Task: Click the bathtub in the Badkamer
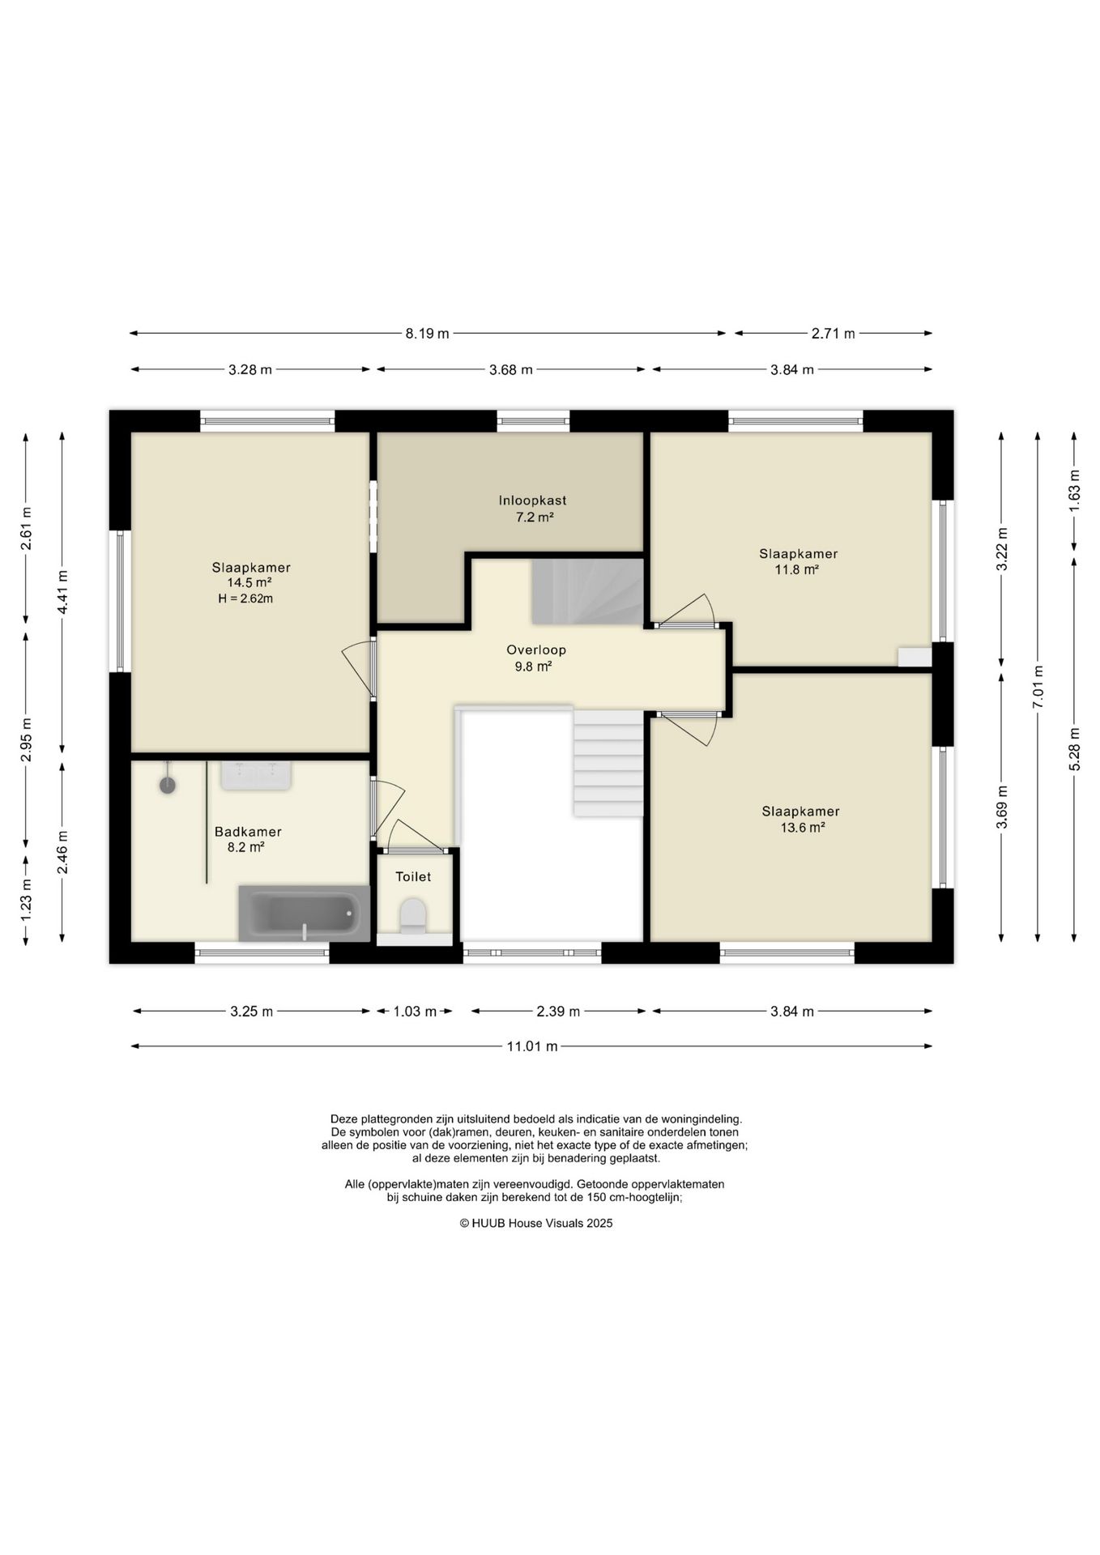[x=304, y=914]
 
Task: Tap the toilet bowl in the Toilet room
[x=413, y=916]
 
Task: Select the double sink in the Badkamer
[x=256, y=774]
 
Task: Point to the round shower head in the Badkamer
[x=168, y=784]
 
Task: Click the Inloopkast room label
[x=532, y=501]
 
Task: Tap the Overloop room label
[x=536, y=650]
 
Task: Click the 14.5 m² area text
[x=249, y=582]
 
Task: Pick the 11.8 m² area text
[x=797, y=569]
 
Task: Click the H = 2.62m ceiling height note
[x=245, y=599]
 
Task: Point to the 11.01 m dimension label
[x=532, y=1046]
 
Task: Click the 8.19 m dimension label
[x=427, y=334]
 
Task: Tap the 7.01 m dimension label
[x=1038, y=687]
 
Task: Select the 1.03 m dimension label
[x=415, y=1012]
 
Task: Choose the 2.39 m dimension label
[x=558, y=1012]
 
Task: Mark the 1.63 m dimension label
[x=1074, y=491]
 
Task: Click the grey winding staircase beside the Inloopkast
[x=587, y=591]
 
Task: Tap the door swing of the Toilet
[x=415, y=834]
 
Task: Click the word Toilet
[x=413, y=876]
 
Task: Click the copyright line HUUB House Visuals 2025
[x=536, y=1223]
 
